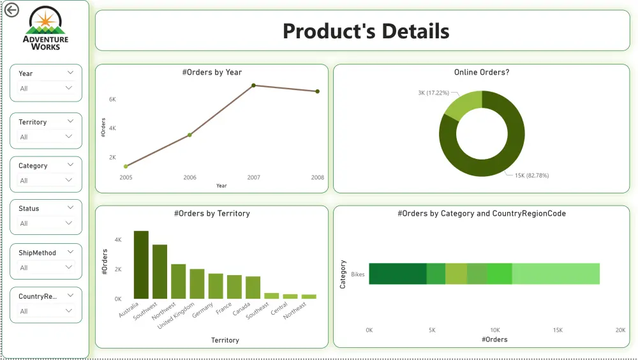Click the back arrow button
coord(11,10)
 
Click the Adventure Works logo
coord(45,29)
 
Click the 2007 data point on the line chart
coord(253,85)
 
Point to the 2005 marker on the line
coord(126,166)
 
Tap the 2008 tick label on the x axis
coord(317,177)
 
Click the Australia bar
coord(141,265)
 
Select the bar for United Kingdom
coord(197,284)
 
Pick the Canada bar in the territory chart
coord(253,287)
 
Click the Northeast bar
coord(309,296)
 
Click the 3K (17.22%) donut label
coord(430,93)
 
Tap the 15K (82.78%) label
coord(531,175)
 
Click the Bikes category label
coord(358,273)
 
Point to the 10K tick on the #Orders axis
coord(494,330)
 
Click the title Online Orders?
coord(481,72)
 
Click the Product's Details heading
coord(366,31)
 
